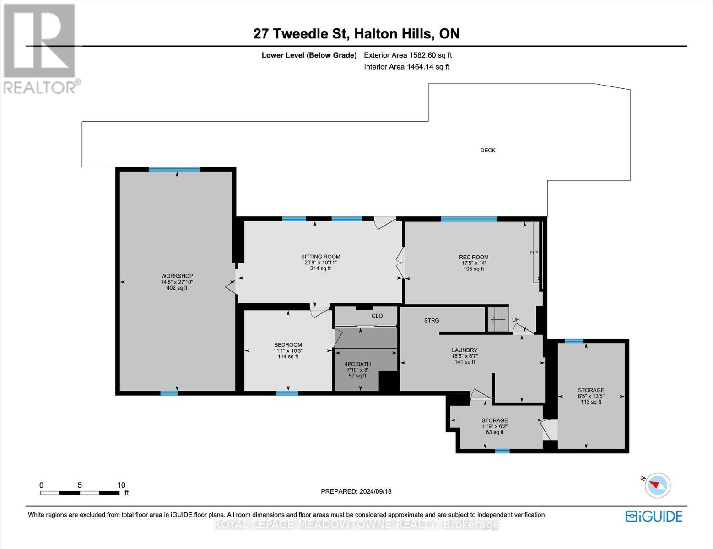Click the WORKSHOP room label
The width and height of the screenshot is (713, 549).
click(177, 276)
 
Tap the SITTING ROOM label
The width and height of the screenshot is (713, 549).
click(320, 257)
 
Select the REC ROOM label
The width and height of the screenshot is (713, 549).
click(474, 257)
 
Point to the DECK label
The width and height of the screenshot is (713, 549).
click(488, 150)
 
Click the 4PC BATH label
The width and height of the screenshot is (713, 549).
click(357, 364)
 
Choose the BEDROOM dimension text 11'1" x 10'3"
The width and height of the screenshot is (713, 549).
click(288, 350)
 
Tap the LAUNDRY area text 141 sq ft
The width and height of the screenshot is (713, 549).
click(465, 362)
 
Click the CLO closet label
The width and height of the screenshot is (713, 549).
click(377, 316)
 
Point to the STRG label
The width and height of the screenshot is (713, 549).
click(432, 320)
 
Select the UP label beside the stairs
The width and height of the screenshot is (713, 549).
click(516, 319)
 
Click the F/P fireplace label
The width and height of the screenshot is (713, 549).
click(534, 253)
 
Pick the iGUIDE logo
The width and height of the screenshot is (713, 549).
click(654, 516)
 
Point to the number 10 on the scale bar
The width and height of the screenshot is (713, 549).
click(121, 485)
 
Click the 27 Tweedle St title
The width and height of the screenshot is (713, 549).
click(301, 34)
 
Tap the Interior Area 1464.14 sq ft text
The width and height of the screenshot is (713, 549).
click(406, 67)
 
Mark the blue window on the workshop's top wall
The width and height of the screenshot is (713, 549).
click(174, 169)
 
